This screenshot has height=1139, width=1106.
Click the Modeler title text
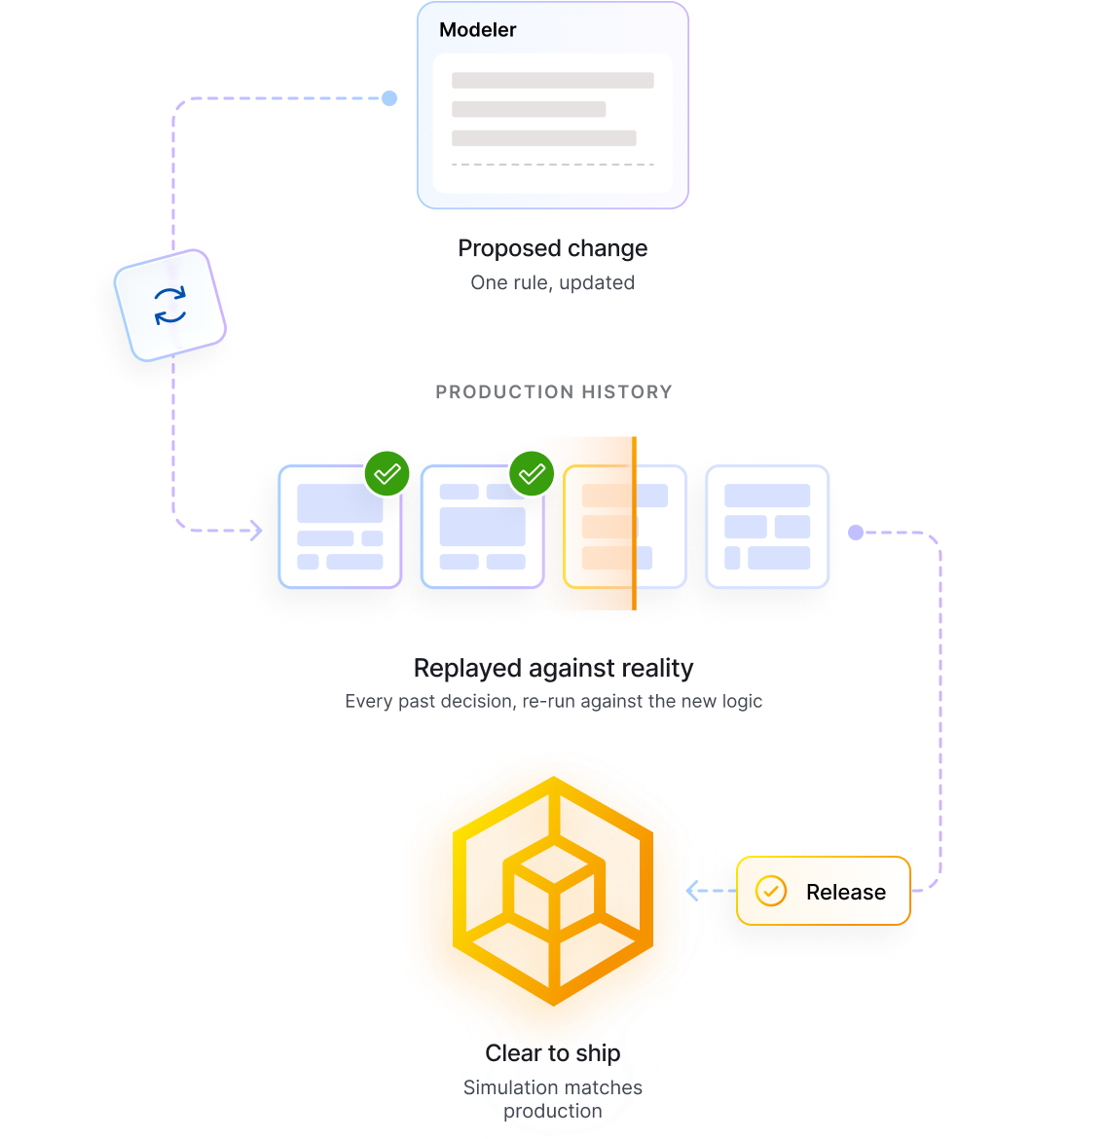[x=477, y=30]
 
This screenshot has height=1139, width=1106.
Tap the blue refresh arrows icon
[x=170, y=305]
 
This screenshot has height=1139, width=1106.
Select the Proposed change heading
[x=552, y=248]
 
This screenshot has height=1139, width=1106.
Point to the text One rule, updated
[x=552, y=282]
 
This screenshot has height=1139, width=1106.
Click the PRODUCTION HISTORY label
[x=554, y=392]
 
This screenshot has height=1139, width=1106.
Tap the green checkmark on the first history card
[x=387, y=474]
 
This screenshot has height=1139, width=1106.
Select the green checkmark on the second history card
[x=532, y=474]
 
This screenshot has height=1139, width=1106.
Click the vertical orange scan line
[x=635, y=523]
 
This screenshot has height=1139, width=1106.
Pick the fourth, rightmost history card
[x=767, y=527]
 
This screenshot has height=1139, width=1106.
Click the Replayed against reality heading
[x=553, y=668]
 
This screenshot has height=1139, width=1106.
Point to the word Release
[x=846, y=892]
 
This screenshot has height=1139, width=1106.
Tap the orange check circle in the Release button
[x=771, y=891]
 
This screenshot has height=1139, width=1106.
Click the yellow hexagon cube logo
[x=553, y=891]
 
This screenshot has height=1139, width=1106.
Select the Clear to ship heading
[x=553, y=1053]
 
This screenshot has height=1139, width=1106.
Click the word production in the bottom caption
[x=553, y=1112]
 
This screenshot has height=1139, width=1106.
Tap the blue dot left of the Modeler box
[x=389, y=98]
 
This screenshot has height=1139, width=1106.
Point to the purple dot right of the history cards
[x=856, y=533]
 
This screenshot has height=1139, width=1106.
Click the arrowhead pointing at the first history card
[x=256, y=531]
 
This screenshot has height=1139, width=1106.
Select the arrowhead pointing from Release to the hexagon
[x=692, y=891]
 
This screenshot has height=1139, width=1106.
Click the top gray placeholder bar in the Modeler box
[x=552, y=80]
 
